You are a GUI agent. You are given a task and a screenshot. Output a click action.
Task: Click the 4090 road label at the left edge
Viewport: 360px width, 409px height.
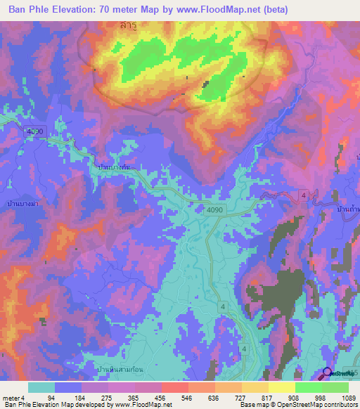point(35,131)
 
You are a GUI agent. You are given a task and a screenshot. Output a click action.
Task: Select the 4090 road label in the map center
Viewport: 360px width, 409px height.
point(216,209)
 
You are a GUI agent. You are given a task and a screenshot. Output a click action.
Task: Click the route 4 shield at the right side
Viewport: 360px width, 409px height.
point(304,194)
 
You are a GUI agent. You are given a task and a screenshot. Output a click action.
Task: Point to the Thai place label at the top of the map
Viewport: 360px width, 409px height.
point(127,25)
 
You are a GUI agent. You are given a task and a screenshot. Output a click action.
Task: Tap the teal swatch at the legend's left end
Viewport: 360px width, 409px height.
point(41,387)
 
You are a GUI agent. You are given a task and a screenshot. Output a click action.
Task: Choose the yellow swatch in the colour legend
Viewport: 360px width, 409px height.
point(281,387)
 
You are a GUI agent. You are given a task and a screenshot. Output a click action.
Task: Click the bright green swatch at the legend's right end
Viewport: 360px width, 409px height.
point(335,387)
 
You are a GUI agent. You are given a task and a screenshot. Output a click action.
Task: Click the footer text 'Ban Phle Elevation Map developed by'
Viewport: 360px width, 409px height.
point(52,405)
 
